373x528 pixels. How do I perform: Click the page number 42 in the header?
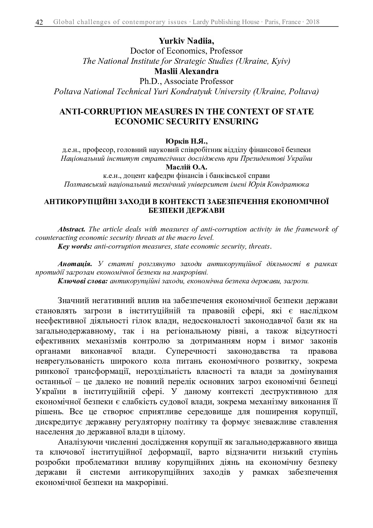[x=39, y=22]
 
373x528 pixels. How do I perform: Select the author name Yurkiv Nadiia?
[x=186, y=41]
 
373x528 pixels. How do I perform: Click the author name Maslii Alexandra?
[x=186, y=71]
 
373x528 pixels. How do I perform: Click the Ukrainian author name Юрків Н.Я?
[x=186, y=141]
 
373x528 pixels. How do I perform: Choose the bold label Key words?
[x=75, y=247]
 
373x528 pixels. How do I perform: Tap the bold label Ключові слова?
[x=82, y=281]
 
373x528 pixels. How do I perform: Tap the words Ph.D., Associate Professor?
[x=186, y=81]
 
